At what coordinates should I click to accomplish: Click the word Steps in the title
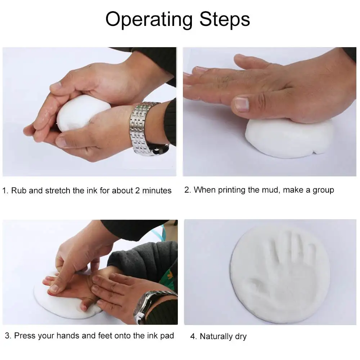[225, 19]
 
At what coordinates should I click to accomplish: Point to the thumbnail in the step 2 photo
[242, 104]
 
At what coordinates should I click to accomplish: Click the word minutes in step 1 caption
[157, 190]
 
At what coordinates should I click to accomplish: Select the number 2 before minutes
[137, 190]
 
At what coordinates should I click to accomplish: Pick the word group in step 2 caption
[323, 190]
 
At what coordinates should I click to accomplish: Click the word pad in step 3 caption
[167, 336]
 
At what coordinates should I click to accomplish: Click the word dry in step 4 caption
[241, 337]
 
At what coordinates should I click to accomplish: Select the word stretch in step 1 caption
[57, 190]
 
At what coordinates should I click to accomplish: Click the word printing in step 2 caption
[231, 190]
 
